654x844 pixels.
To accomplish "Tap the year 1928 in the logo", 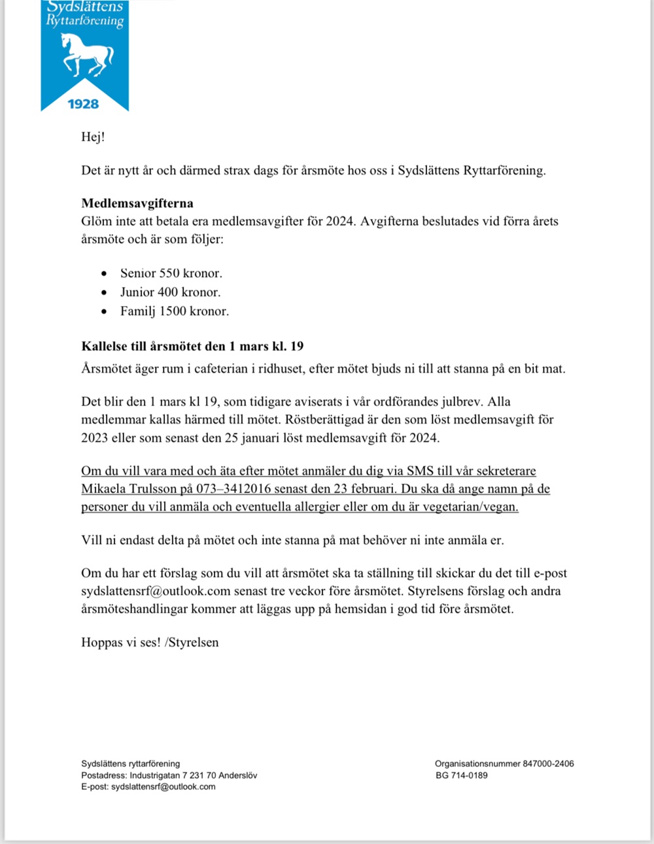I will coord(84,104).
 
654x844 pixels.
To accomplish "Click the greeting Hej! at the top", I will coord(93,137).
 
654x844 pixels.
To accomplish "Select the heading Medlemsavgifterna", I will coord(137,203).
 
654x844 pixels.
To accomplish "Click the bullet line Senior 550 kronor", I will coord(171,273).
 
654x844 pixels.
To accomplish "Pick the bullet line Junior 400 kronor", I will coord(170,292).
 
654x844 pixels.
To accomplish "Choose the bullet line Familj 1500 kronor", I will coord(174,311).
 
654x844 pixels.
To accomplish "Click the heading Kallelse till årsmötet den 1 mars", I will coord(192,346).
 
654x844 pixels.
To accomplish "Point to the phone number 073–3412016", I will coord(233,489).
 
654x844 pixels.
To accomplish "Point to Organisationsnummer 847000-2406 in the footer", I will coord(504,764).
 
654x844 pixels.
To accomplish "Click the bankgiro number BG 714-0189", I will coord(462,775).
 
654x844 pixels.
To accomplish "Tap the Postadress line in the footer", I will coord(169,775).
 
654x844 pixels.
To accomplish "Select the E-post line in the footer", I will coord(148,786).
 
